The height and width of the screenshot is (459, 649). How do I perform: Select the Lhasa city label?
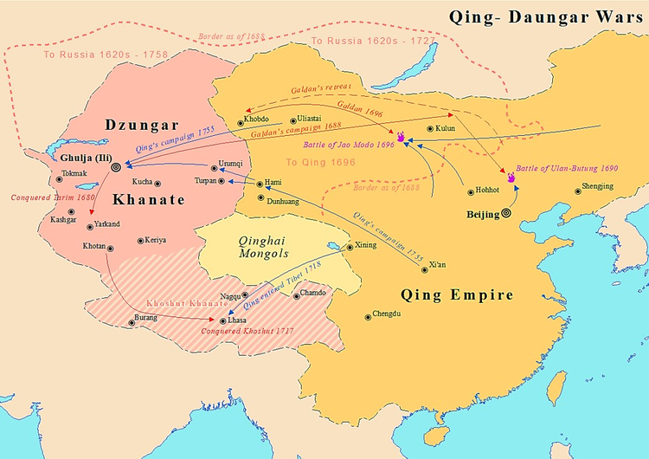(x=237, y=320)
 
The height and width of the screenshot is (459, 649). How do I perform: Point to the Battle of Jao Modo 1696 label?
(x=350, y=145)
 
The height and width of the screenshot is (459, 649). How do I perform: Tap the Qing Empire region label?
(x=457, y=294)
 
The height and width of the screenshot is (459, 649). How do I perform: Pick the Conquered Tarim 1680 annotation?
(x=41, y=197)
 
